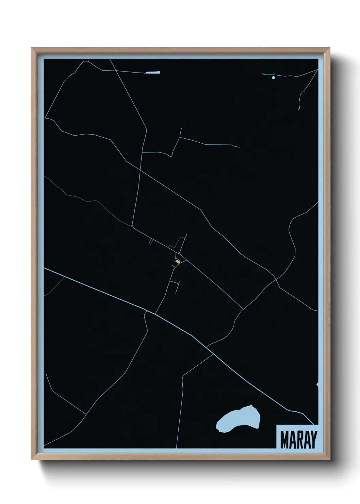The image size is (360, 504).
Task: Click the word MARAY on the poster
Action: click(x=298, y=440)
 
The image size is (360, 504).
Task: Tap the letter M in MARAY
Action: click(x=284, y=440)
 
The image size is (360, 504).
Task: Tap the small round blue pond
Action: click(x=273, y=78)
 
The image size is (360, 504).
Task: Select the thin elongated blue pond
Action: click(x=152, y=72)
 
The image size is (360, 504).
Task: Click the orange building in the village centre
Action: click(x=177, y=261)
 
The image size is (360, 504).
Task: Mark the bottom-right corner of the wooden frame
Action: click(x=330, y=459)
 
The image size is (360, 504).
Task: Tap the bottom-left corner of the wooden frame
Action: click(x=32, y=459)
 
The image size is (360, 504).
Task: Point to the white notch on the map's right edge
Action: click(x=317, y=384)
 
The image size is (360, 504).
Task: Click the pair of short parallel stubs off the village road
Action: click(x=150, y=241)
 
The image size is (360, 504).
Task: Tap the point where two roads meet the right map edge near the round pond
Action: click(x=317, y=69)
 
